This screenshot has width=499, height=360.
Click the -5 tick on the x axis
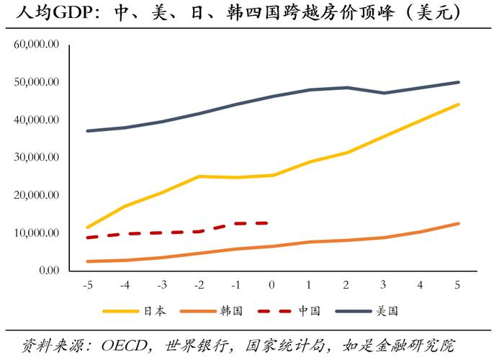point(87,285)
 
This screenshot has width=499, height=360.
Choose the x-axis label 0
point(271,285)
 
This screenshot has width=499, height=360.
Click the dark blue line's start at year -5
point(87,131)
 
